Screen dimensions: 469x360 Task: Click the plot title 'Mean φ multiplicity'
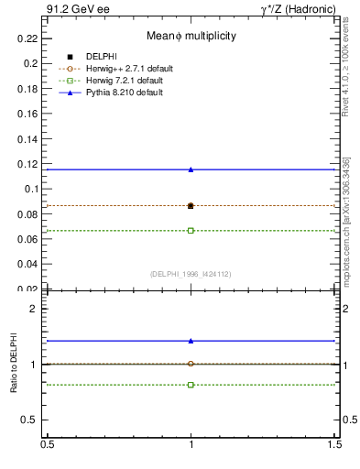point(191,36)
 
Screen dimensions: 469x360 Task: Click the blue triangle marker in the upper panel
point(191,169)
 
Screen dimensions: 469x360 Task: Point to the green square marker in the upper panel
point(191,230)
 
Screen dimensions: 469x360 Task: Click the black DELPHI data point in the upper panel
point(191,206)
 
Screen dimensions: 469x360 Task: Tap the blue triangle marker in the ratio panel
point(191,341)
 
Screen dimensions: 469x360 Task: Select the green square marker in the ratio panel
point(191,385)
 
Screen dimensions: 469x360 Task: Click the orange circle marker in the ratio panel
point(191,364)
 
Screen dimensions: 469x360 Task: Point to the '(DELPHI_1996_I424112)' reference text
point(191,274)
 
